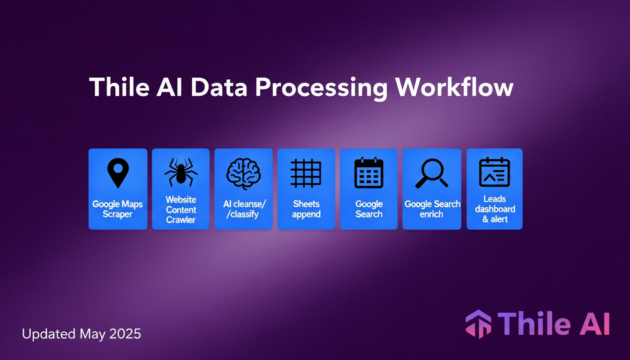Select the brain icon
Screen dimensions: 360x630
pyautogui.click(x=243, y=173)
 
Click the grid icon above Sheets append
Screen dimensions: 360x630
pyautogui.click(x=306, y=173)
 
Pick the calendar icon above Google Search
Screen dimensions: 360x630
pyautogui.click(x=369, y=173)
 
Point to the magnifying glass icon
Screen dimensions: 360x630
pyautogui.click(x=431, y=173)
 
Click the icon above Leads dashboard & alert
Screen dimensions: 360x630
pyautogui.click(x=494, y=172)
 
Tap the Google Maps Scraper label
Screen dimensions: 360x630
pyautogui.click(x=118, y=209)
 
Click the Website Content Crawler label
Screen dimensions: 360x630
pyautogui.click(x=180, y=210)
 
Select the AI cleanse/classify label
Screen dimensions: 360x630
pyautogui.click(x=243, y=209)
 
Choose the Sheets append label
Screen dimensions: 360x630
pyautogui.click(x=306, y=209)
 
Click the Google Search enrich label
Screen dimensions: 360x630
pyautogui.click(x=432, y=209)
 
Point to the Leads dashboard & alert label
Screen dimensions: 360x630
pyautogui.click(x=495, y=209)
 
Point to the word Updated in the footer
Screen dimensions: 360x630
pyautogui.click(x=49, y=335)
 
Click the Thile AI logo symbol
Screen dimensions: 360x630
pyautogui.click(x=478, y=324)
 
